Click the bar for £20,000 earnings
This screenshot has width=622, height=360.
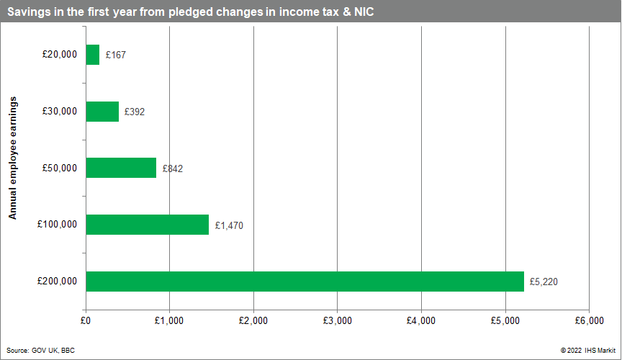tap(92, 55)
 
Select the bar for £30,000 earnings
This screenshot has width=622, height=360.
tap(102, 112)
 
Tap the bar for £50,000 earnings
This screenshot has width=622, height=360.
tap(121, 168)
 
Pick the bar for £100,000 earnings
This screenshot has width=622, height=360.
tap(147, 225)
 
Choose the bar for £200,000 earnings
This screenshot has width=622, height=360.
tap(305, 282)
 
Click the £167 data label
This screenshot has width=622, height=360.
tap(115, 55)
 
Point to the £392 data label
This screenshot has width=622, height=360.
tap(135, 112)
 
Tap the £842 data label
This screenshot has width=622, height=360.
tap(172, 168)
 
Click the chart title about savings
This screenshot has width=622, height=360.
tap(191, 12)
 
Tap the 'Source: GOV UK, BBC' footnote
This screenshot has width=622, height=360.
tap(40, 350)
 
